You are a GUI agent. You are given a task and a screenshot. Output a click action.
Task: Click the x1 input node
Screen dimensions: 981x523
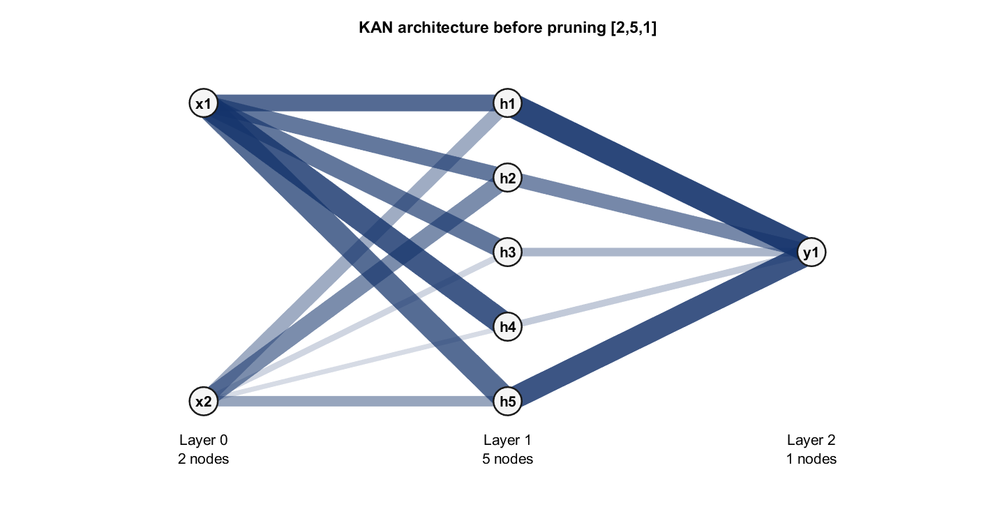(203, 104)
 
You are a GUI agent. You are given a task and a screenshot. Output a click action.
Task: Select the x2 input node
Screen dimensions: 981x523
(203, 402)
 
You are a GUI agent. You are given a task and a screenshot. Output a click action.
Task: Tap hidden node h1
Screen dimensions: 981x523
(507, 104)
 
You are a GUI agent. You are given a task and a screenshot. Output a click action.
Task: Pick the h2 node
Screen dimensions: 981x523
(507, 178)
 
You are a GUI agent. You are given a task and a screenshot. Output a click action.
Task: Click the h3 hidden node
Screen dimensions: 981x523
(507, 252)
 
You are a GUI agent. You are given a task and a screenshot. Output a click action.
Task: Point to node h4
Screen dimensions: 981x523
(507, 327)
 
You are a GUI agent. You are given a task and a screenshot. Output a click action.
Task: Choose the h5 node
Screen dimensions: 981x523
(507, 402)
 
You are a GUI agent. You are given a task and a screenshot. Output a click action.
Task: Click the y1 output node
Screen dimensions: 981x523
(811, 252)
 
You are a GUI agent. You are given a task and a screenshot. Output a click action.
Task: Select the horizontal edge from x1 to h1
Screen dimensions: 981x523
(355, 104)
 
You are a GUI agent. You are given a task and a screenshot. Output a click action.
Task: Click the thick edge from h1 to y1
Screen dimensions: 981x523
(659, 178)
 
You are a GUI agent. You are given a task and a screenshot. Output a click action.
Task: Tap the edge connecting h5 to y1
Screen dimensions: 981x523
(659, 327)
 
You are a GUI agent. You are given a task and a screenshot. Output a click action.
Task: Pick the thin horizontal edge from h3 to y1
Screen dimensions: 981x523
(659, 252)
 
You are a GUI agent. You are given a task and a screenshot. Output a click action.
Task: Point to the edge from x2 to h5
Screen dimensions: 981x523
(355, 402)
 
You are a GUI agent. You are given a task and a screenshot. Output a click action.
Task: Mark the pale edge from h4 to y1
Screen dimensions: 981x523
(659, 289)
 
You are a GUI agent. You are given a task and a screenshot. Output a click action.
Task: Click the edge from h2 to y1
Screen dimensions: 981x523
(659, 215)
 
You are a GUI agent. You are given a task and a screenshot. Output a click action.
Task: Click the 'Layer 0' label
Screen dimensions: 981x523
(203, 440)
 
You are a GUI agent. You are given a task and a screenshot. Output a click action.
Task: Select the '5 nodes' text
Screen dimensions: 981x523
(507, 459)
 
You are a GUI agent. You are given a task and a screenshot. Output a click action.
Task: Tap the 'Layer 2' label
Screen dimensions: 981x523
(811, 440)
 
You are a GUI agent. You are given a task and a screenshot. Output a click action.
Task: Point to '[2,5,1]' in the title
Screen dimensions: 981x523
(634, 28)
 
